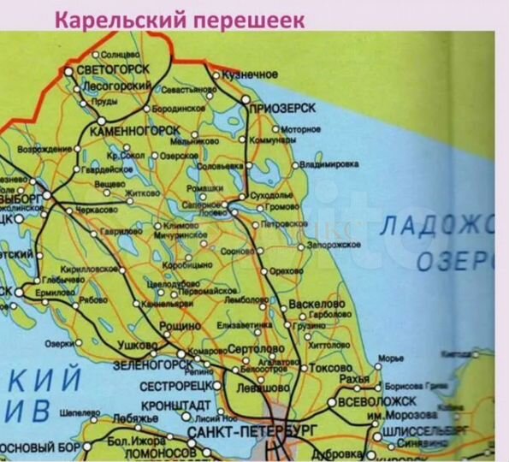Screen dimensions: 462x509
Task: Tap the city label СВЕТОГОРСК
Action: tap(113, 69)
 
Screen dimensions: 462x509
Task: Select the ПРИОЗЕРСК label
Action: tap(282, 109)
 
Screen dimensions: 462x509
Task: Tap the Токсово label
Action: tap(320, 367)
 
